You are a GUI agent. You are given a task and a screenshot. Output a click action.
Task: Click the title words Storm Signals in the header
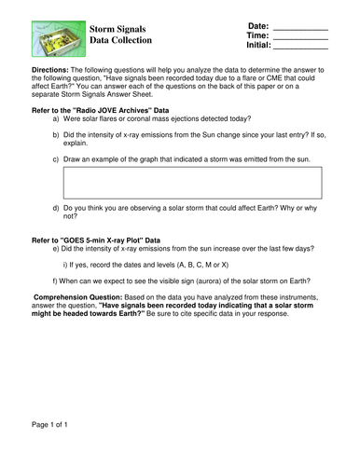click(120, 30)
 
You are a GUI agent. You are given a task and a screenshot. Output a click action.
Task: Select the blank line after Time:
click(302, 35)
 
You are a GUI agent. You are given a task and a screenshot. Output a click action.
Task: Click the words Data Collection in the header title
click(120, 42)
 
